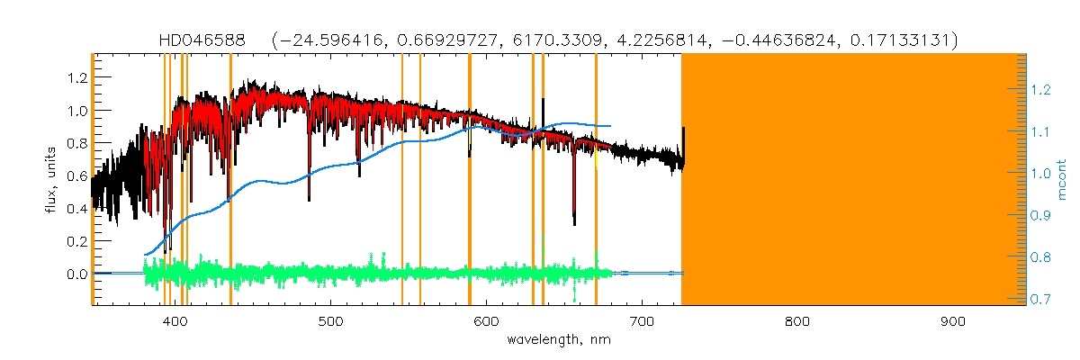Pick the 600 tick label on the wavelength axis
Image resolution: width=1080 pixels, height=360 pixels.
click(486, 321)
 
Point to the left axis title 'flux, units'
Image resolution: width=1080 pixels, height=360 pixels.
click(52, 180)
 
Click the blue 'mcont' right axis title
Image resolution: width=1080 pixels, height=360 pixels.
click(1062, 180)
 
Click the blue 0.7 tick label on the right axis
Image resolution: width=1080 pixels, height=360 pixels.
click(1040, 299)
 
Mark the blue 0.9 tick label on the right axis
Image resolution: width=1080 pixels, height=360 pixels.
click(1040, 215)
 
